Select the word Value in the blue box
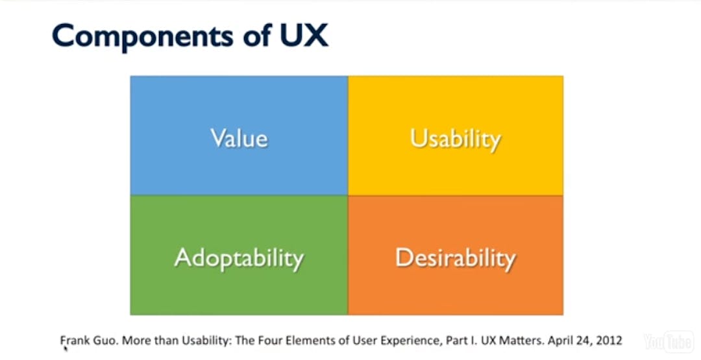[239, 138]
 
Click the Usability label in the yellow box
[455, 138]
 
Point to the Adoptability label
[239, 258]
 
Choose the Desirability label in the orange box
[455, 258]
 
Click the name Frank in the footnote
[73, 340]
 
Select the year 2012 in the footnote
[609, 340]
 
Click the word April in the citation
[560, 340]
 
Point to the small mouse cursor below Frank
[66, 348]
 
